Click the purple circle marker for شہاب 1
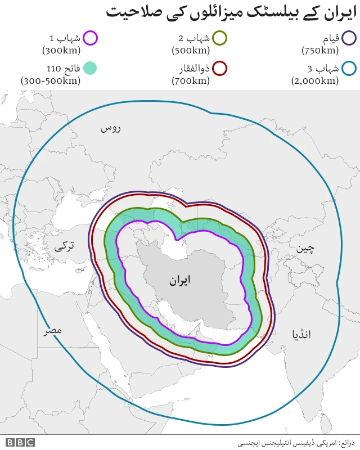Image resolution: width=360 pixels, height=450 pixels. pos(90,38)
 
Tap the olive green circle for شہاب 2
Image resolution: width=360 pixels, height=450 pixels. pos(220,38)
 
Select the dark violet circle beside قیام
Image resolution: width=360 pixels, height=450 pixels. pos(349,38)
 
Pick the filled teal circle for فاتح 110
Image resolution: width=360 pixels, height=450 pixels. pos(90,69)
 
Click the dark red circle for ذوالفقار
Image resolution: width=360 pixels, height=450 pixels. pos(220,69)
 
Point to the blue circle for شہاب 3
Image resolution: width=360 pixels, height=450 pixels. pos(349,69)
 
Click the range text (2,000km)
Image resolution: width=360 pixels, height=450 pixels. pos(314,80)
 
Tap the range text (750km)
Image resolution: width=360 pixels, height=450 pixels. pos(320,50)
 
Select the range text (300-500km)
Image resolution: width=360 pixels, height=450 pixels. pos(51,80)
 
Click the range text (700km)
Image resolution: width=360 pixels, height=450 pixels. pos(191,80)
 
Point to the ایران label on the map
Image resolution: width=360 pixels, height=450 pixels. pos(179,280)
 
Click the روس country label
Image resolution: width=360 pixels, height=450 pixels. pos(111,128)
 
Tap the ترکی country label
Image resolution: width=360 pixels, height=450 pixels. pos(64,246)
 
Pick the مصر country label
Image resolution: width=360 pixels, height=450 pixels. pos(53,330)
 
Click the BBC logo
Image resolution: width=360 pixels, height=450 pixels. pos(21,442)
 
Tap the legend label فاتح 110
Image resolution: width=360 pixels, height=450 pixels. pos(61,69)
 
